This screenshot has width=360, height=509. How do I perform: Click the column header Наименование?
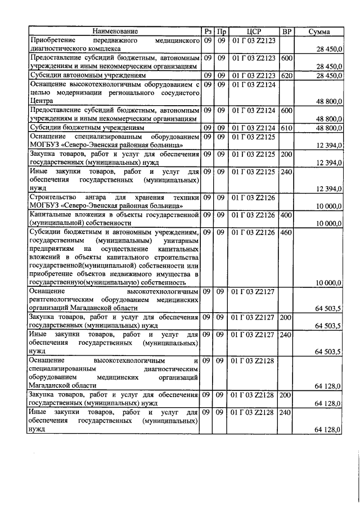(115, 31)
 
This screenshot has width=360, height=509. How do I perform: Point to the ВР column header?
(287, 31)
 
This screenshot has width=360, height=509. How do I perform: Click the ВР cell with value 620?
(287, 75)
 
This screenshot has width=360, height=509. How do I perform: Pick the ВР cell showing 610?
(287, 128)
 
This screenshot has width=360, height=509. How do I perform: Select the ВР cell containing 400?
(287, 215)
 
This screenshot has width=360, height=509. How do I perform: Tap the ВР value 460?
(287, 232)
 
